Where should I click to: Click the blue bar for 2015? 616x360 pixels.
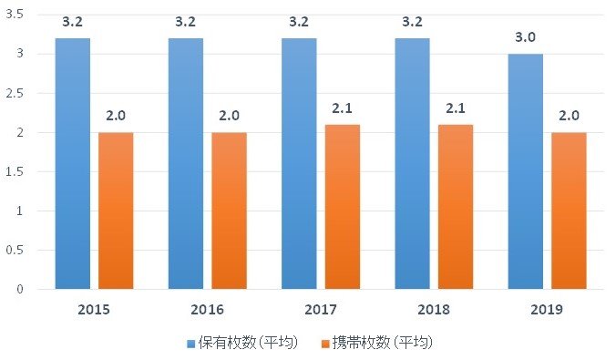coord(72,164)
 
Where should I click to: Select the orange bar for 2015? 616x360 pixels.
coord(116,211)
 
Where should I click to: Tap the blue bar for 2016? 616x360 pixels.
coord(185,164)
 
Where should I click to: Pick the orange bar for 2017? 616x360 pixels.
coord(342,207)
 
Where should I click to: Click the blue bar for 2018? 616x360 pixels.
coord(412,164)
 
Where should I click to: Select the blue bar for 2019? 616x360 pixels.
coord(525,171)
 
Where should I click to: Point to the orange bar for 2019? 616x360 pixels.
coord(569,211)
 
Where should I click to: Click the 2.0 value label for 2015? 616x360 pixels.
coord(116,118)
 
